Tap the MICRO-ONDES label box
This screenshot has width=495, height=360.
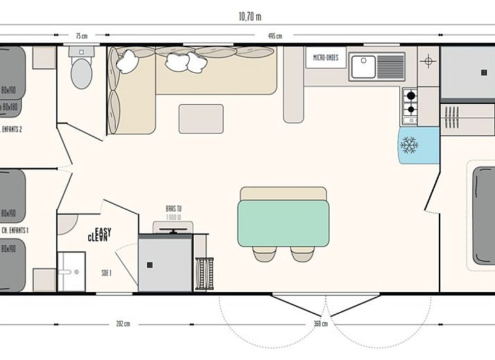[x=326, y=58]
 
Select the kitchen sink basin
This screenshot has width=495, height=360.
[x=364, y=67]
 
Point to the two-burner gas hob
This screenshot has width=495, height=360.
[x=410, y=102]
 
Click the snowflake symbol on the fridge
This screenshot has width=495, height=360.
[x=409, y=145]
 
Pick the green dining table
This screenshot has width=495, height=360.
[x=283, y=223]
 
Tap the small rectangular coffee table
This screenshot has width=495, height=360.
[x=201, y=119]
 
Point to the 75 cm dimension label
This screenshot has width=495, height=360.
[x=82, y=35]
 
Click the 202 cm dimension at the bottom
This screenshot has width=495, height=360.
[x=124, y=323]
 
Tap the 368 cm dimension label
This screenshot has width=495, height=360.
[x=320, y=323]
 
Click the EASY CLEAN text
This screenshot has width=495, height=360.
[x=99, y=234]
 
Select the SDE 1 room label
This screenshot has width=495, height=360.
[x=106, y=273]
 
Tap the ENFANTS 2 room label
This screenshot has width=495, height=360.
[x=12, y=129]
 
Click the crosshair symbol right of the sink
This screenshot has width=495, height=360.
[x=428, y=62]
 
